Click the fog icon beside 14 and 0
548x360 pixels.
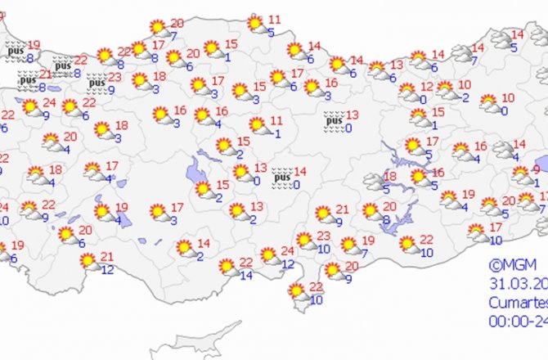point(282,176)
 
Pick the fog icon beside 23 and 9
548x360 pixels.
point(96,82)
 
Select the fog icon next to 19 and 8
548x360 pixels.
point(14,49)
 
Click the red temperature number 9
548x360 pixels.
point(536,169)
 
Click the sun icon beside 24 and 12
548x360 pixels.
point(268,254)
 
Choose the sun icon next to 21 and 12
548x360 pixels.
point(88,261)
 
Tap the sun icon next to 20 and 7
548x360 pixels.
point(158,28)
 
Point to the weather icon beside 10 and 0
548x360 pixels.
point(489,103)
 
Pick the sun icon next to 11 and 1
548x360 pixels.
point(256,125)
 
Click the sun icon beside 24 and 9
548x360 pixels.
point(30,107)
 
